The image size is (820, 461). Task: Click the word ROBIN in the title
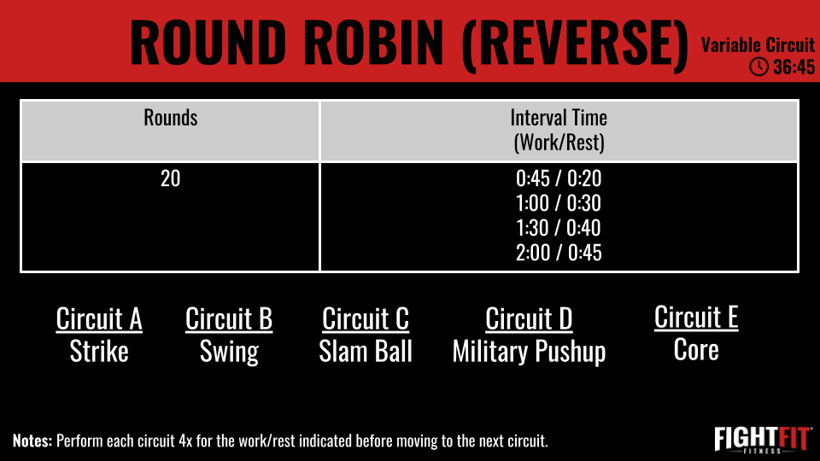pyautogui.click(x=374, y=43)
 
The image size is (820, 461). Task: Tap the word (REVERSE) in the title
pyautogui.click(x=575, y=44)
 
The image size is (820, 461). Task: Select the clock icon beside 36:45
pyautogui.click(x=758, y=67)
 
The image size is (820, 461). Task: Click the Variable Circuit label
pyautogui.click(x=758, y=45)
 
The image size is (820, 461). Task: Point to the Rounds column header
pyautogui.click(x=171, y=118)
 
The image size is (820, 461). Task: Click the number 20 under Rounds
pyautogui.click(x=171, y=178)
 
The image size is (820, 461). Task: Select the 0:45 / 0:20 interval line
pyautogui.click(x=559, y=178)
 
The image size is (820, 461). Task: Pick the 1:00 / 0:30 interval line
pyautogui.click(x=559, y=203)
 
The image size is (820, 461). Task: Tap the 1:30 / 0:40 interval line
pyautogui.click(x=559, y=228)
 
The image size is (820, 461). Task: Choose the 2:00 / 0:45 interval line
pyautogui.click(x=559, y=253)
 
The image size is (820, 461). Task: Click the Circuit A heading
pyautogui.click(x=99, y=318)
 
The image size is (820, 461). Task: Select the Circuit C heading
pyautogui.click(x=365, y=318)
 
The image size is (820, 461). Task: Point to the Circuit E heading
pyautogui.click(x=696, y=318)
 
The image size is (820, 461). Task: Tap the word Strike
pyautogui.click(x=99, y=351)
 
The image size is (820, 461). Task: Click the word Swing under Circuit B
pyautogui.click(x=229, y=353)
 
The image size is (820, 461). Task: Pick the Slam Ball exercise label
pyautogui.click(x=366, y=351)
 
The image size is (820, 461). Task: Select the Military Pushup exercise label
pyautogui.click(x=529, y=352)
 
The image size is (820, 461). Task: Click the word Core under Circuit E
pyautogui.click(x=696, y=350)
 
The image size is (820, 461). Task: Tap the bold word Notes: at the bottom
pyautogui.click(x=32, y=441)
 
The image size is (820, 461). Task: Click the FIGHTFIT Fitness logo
pyautogui.click(x=763, y=440)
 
